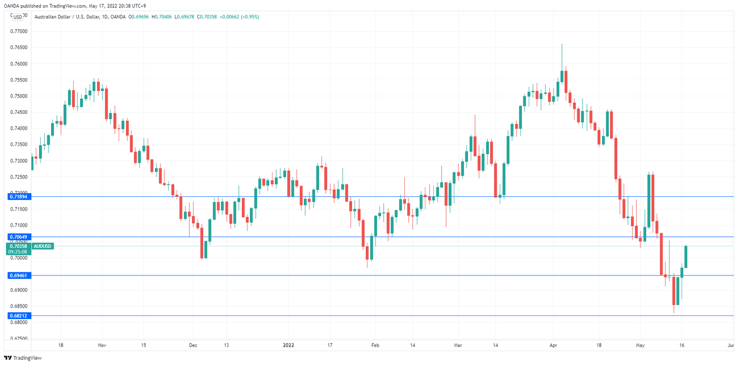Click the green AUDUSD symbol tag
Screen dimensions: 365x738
coord(42,246)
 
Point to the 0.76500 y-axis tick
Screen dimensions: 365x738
coord(19,47)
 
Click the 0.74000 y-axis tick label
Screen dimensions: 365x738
coord(19,128)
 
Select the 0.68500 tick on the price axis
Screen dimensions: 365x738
coord(19,306)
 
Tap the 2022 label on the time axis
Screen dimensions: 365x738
coord(288,345)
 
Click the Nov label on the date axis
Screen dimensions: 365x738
coord(102,345)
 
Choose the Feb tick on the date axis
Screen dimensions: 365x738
coord(375,345)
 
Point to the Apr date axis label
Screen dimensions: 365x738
coord(553,345)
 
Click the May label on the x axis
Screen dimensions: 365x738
coord(640,345)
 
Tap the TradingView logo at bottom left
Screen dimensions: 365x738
coord(23,358)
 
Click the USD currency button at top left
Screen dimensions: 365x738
coord(17,17)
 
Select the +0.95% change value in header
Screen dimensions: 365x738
coord(249,17)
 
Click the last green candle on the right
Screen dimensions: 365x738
coord(686,256)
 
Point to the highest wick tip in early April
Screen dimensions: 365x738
coord(562,44)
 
